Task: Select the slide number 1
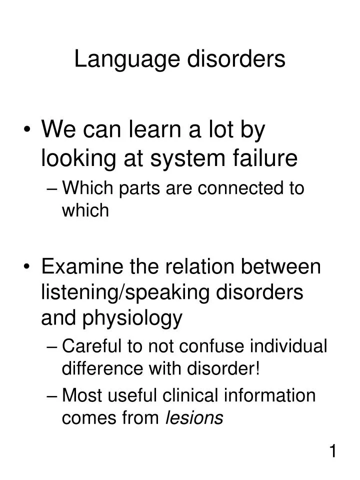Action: [x=332, y=452]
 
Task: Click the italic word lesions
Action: [x=194, y=417]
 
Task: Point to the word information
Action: [x=274, y=395]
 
